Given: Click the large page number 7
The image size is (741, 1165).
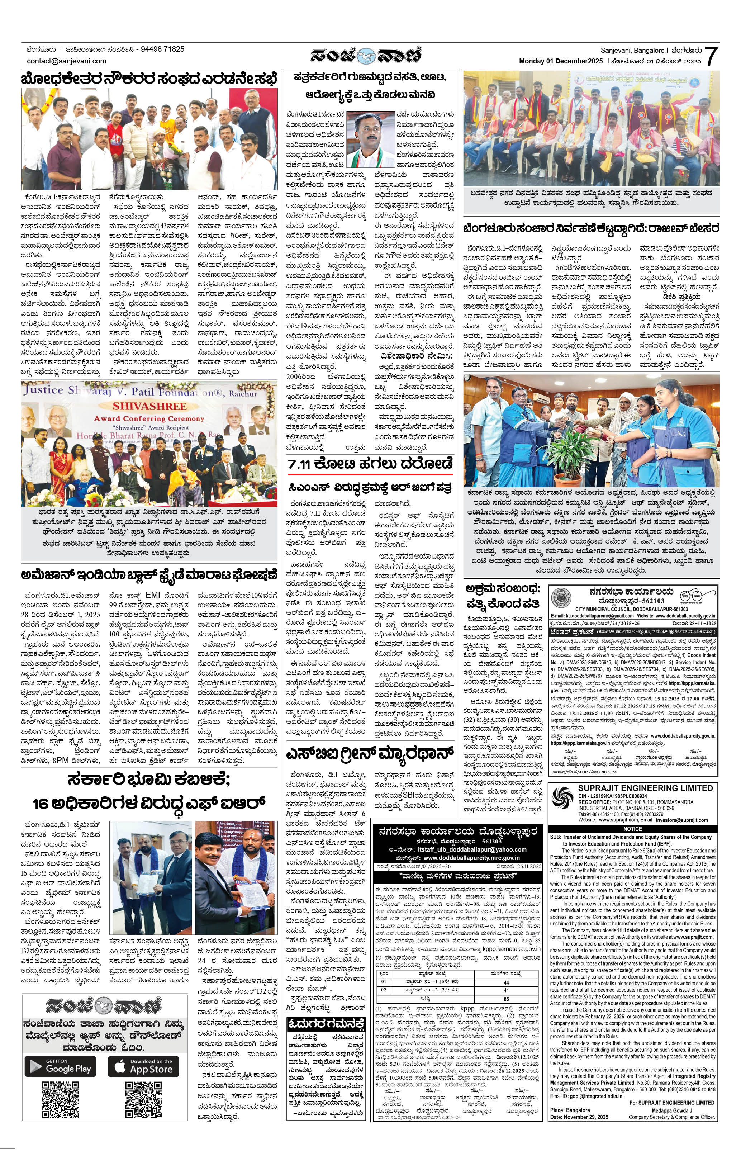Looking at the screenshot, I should click(x=710, y=56).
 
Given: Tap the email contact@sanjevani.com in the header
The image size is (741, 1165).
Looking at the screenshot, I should click(x=67, y=61).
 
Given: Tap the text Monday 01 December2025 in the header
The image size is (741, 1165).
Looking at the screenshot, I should click(x=561, y=61).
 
